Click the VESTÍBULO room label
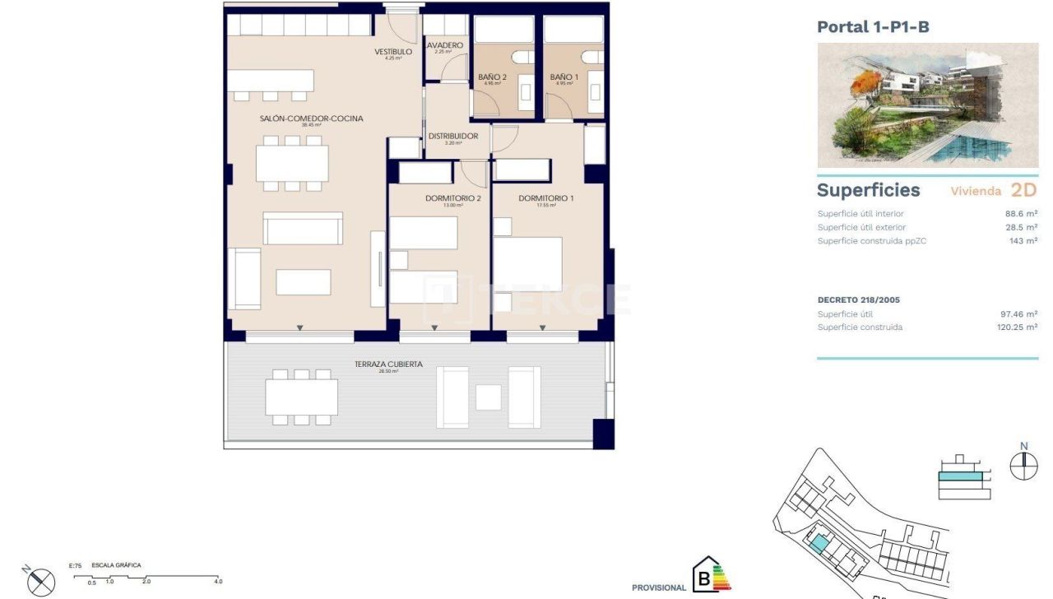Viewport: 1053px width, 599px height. point(392,52)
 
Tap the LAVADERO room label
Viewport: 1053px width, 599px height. point(444,45)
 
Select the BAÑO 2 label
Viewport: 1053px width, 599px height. point(492,77)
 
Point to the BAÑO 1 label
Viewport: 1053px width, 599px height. point(564,77)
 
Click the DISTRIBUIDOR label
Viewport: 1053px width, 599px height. point(452,137)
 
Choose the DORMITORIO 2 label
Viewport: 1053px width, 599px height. point(452,198)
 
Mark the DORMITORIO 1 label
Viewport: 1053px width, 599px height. point(546,198)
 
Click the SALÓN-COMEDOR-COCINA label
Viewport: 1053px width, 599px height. point(311,118)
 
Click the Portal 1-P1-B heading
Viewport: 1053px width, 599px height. point(873,27)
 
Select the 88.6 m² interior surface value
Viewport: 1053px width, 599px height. point(1021,214)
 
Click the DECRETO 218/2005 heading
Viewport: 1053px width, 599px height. point(858,300)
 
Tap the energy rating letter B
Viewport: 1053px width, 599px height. point(703,578)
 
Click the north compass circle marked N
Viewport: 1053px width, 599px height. point(1023,466)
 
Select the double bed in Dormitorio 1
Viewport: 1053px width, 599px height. point(527,264)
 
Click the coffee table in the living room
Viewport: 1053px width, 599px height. point(303,282)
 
